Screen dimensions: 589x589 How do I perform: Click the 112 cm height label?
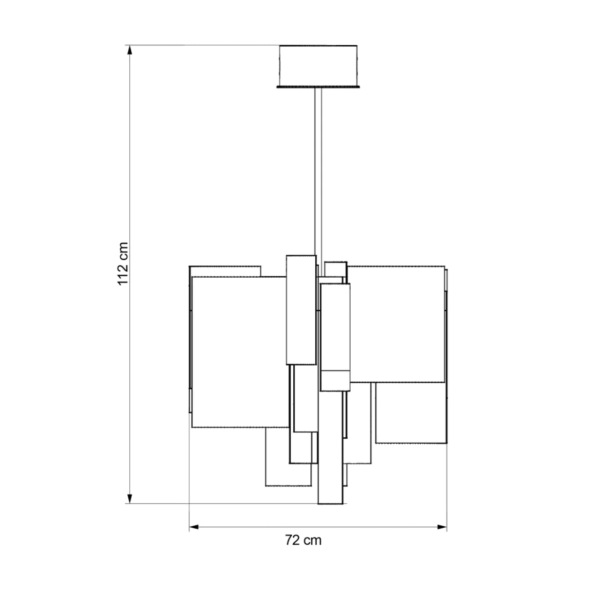click(123, 264)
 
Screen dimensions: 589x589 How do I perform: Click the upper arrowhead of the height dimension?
click(130, 50)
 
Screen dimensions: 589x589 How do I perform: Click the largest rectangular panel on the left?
click(240, 352)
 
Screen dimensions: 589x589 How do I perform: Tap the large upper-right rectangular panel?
click(396, 324)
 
